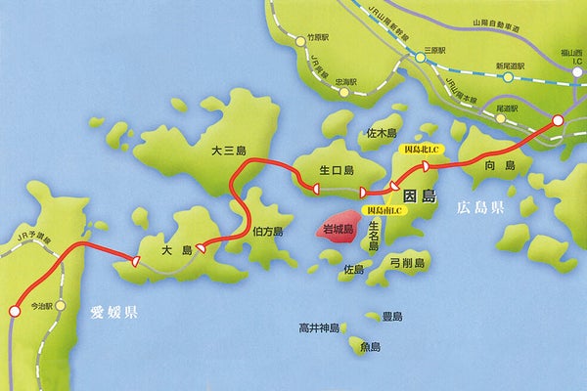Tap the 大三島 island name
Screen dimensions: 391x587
(x=230, y=152)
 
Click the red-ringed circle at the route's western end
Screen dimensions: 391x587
(x=14, y=313)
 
